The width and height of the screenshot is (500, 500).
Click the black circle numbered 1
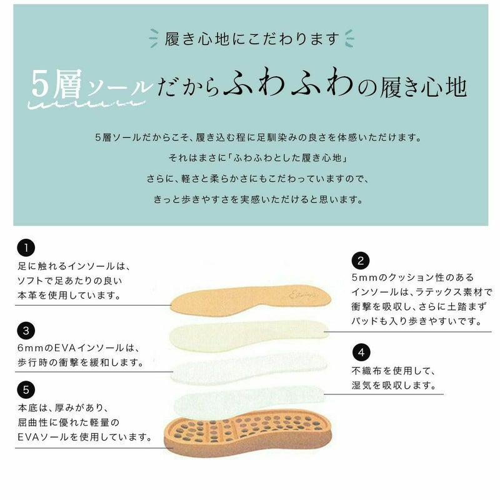26,247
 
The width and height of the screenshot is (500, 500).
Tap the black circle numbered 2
361,261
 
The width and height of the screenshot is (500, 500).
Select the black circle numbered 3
26,331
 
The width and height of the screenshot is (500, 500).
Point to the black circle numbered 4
361,352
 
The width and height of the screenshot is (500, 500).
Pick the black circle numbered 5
26,389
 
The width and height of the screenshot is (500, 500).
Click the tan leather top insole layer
251,299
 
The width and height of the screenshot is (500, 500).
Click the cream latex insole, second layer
249,336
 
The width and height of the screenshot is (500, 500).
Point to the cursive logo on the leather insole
303,295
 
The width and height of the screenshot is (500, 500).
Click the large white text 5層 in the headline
57,84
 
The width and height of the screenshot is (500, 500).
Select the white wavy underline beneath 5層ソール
86,104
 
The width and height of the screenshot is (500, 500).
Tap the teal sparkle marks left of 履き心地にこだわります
153,38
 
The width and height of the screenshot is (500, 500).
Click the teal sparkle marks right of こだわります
349,38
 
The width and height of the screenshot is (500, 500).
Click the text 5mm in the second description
364,277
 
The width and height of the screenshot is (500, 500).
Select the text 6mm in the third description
31,348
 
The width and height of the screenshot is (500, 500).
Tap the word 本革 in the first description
27,295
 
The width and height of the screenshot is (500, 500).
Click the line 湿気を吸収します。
394,385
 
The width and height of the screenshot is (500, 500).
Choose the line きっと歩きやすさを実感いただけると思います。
258,199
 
